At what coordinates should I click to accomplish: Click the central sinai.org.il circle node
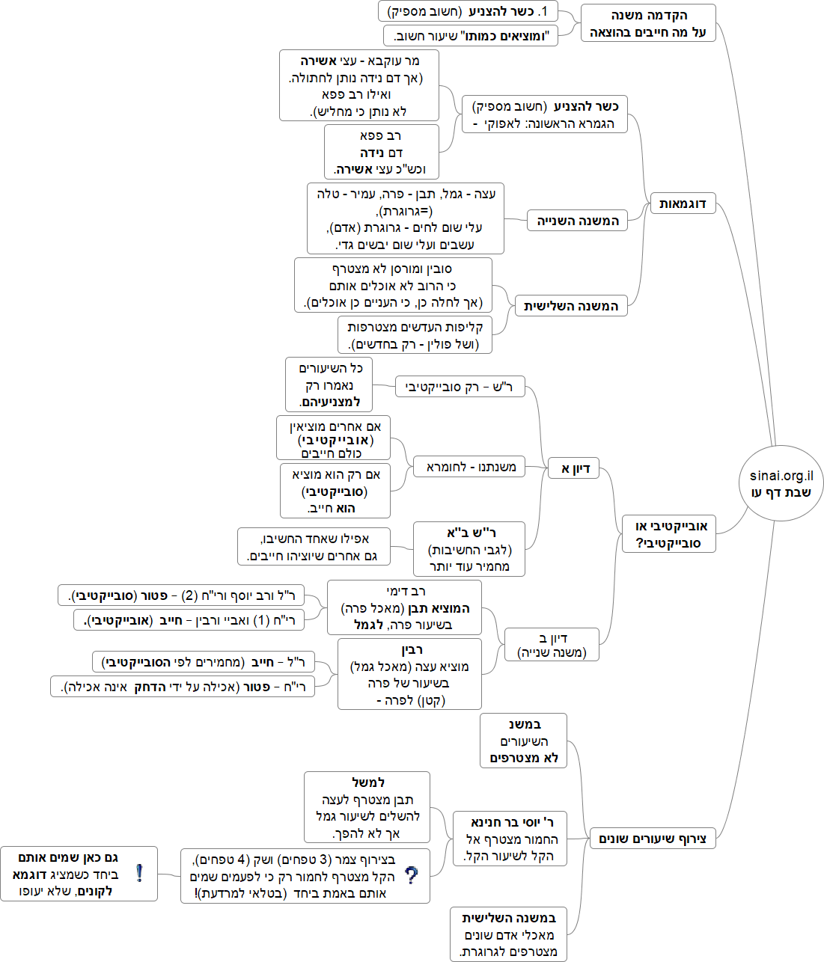[781, 484]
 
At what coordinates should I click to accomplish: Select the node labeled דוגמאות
[683, 203]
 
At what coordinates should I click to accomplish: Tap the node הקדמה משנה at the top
[648, 23]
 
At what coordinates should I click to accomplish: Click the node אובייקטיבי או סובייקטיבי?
[669, 534]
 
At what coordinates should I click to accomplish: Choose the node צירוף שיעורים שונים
[653, 839]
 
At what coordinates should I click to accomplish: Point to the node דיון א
[575, 468]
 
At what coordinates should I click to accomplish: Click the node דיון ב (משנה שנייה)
[552, 646]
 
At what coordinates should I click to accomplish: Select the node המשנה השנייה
[577, 221]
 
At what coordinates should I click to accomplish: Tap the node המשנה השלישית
[570, 306]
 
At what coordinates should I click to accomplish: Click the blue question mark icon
[411, 875]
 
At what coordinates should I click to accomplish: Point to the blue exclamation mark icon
[139, 873]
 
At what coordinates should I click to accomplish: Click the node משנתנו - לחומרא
[471, 467]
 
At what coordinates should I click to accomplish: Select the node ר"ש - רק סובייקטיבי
[460, 387]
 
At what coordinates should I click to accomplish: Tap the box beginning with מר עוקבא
[359, 86]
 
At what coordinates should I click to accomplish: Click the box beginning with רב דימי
[405, 607]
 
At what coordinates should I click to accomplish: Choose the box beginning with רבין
[410, 674]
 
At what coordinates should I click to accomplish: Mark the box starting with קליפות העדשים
[415, 335]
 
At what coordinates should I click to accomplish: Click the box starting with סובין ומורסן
[394, 285]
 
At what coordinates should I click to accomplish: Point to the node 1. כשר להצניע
[469, 11]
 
